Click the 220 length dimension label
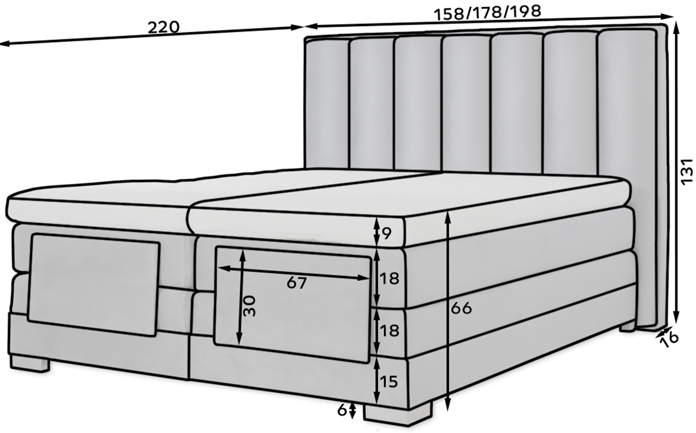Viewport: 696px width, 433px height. coord(163,27)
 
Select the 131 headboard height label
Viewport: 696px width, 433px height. coord(686,172)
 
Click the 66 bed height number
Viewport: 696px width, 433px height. coord(461,308)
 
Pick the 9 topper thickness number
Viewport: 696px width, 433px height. coord(387,233)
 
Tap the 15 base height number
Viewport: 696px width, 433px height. coord(389,382)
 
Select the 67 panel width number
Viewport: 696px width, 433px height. coord(297,283)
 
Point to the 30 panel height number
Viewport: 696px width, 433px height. coord(249,306)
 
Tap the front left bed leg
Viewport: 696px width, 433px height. coord(29,364)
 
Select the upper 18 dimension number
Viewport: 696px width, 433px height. coord(389,278)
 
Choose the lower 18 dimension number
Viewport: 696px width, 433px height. coord(389,330)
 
